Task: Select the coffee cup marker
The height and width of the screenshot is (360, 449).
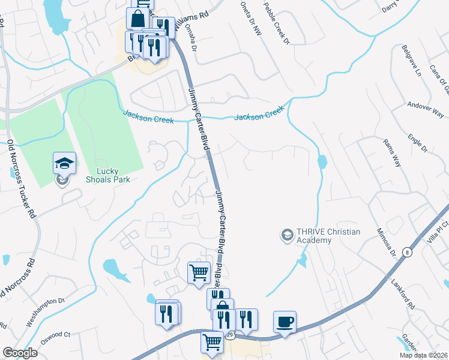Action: [285, 322]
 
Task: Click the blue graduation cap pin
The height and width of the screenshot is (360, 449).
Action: [65, 163]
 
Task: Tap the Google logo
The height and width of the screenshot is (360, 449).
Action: [20, 353]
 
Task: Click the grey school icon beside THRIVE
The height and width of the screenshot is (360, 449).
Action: [287, 234]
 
